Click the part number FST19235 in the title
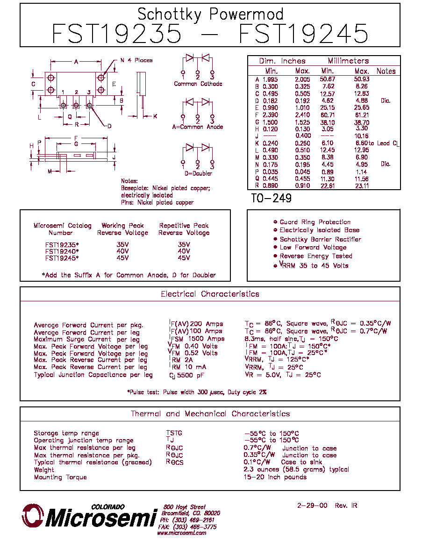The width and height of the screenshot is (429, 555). (116, 34)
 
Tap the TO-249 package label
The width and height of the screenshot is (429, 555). (271, 198)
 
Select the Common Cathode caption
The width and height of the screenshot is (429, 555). (198, 84)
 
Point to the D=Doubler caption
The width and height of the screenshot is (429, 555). (198, 173)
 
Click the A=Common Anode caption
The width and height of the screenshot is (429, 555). (198, 127)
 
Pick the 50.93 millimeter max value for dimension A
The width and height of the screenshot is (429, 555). (361, 79)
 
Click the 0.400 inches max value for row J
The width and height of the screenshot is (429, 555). (303, 135)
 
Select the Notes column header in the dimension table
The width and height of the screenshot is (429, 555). (386, 71)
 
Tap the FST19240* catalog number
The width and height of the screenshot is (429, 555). (62, 251)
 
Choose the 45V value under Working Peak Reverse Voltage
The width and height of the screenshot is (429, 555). (122, 258)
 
